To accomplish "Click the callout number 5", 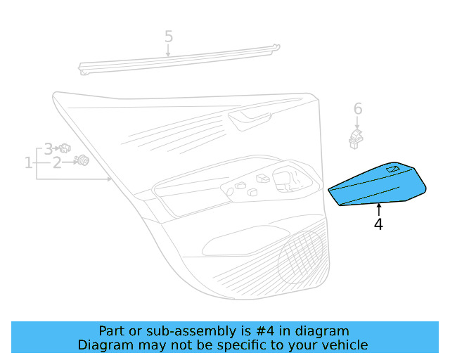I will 169,36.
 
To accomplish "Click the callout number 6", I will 358,109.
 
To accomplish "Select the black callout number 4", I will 378,224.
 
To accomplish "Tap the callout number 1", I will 29,163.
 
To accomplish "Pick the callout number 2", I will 57,163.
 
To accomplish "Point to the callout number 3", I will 48,148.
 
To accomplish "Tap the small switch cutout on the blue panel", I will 392,169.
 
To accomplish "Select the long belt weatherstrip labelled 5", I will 179,60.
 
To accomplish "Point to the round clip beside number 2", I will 83,161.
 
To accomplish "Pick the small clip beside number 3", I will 65,148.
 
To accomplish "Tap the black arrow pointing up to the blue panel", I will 378,209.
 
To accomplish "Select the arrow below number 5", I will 169,50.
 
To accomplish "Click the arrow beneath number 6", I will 358,122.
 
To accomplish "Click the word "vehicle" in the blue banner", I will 344,345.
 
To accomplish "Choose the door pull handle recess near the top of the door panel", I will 250,119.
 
